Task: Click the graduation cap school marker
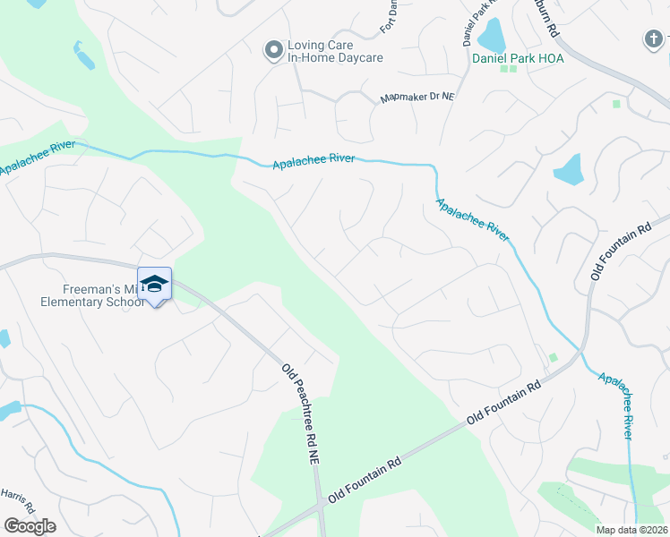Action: tap(154, 283)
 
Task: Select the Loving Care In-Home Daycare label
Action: tap(334, 51)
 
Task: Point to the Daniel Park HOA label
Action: tap(509, 58)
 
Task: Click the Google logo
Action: tap(30, 525)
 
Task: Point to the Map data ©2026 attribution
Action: tap(631, 530)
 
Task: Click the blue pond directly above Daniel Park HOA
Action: tap(492, 36)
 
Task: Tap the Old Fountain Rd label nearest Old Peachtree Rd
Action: tap(364, 481)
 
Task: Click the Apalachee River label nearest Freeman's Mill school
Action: tap(38, 158)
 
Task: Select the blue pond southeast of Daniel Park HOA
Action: tap(569, 170)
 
